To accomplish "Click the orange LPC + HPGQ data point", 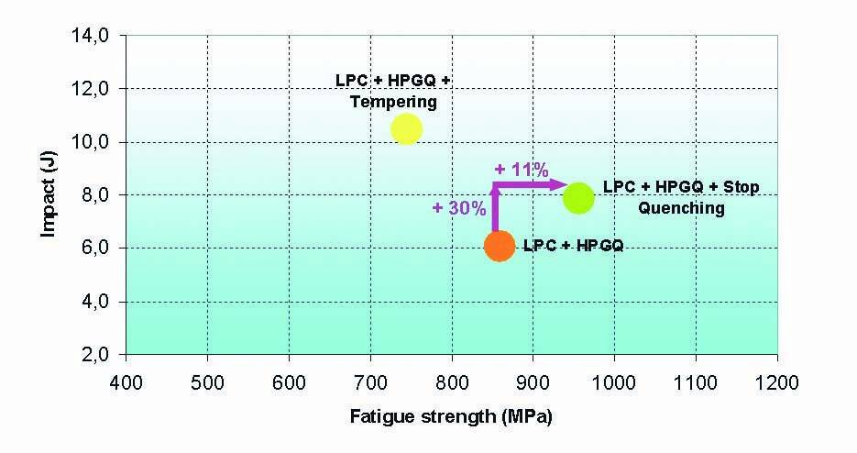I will click(499, 246).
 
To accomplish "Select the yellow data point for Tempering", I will click(406, 129).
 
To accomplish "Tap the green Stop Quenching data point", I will click(578, 196).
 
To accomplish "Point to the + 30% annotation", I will click(459, 208).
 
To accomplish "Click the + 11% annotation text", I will click(521, 170).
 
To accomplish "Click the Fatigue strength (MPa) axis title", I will click(451, 416).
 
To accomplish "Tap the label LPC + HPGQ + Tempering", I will click(392, 91).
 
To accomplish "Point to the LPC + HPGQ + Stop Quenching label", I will click(681, 197).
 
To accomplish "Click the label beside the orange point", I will click(573, 246).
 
